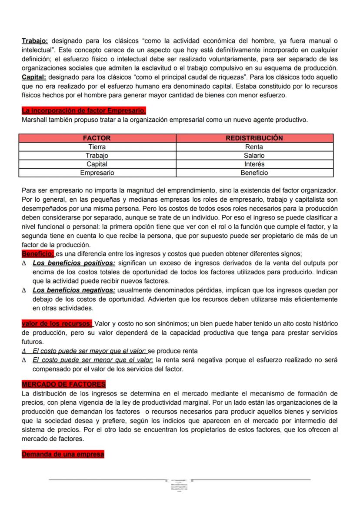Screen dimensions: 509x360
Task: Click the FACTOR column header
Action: point(97,138)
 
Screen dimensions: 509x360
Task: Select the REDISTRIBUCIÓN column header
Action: point(254,138)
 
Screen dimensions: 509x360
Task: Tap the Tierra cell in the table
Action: point(97,147)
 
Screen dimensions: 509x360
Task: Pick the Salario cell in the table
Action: point(254,156)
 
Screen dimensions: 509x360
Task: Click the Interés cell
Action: point(254,164)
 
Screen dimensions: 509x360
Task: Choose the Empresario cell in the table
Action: point(97,173)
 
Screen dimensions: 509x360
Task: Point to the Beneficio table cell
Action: point(254,173)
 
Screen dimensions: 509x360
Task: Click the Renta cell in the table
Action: point(254,147)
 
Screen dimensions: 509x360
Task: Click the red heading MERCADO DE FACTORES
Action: point(63,385)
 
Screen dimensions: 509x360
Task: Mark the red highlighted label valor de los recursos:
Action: point(57,323)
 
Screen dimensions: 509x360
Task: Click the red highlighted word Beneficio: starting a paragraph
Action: point(38,254)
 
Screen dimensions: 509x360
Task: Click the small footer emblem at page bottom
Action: point(180,485)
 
